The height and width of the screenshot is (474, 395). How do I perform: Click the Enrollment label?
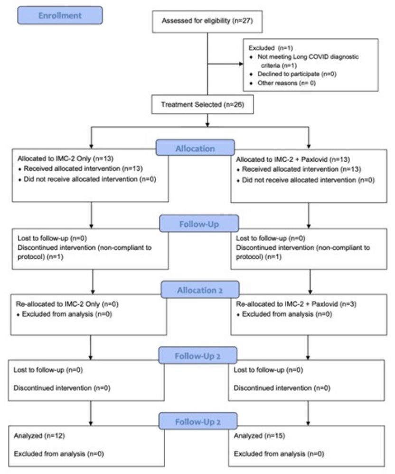[x=60, y=15]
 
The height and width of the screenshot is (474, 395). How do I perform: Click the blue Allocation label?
[x=195, y=148]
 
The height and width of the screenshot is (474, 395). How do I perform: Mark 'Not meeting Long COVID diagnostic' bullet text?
[x=308, y=56]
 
